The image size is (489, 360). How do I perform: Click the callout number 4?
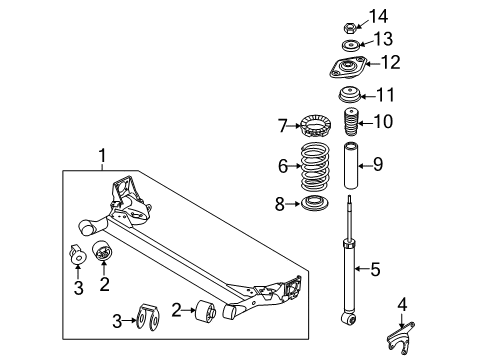click(x=402, y=304)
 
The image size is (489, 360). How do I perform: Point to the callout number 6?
click(x=283, y=166)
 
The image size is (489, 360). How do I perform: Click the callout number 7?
click(x=283, y=125)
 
